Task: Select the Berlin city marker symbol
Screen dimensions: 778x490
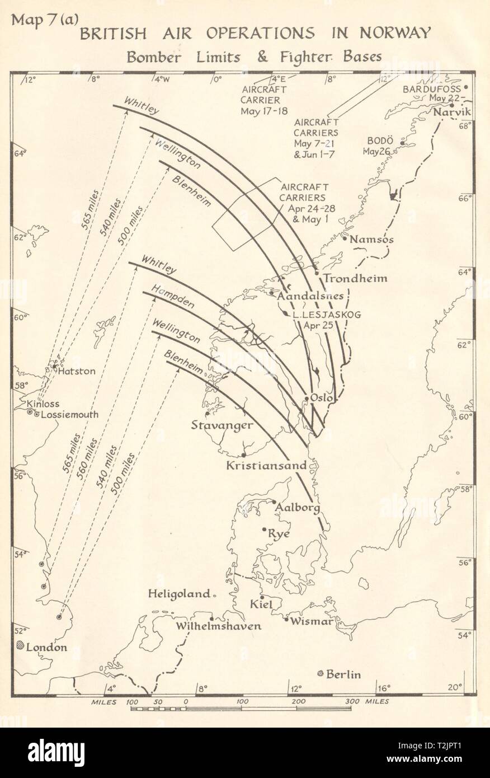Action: coord(321,673)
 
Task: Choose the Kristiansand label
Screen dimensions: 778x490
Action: coord(266,465)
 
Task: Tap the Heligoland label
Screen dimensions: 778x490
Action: coord(179,594)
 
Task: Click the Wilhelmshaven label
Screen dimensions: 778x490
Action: coord(219,626)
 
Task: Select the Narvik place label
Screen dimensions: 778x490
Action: coord(452,113)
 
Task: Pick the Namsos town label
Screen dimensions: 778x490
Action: coord(371,240)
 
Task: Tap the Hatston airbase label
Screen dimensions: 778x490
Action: coord(78,371)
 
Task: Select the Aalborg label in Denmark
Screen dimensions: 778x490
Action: coord(298,508)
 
